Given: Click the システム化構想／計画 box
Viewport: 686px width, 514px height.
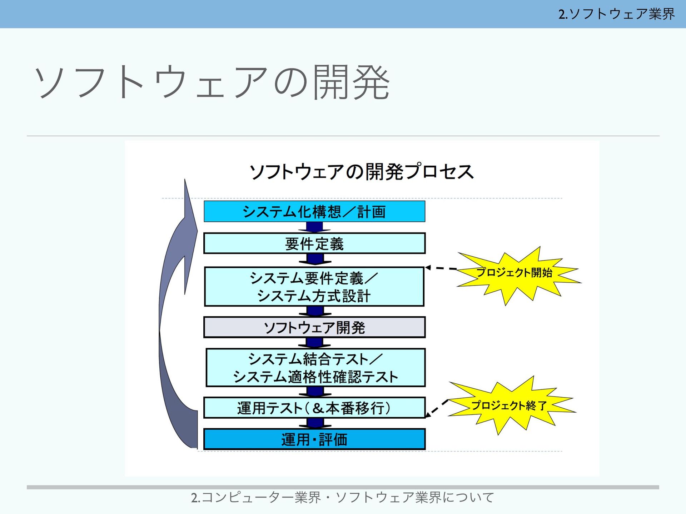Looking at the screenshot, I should (x=314, y=211).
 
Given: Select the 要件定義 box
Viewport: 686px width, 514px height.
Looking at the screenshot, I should (x=314, y=243).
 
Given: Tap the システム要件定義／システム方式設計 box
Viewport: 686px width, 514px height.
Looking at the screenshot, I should (x=314, y=287).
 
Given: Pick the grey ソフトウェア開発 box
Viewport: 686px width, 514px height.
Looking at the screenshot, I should (x=314, y=327).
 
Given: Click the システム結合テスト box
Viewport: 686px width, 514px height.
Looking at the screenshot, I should (x=315, y=368).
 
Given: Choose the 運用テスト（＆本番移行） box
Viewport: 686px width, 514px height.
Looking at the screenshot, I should (x=314, y=408).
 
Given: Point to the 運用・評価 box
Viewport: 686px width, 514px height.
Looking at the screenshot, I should (x=314, y=439).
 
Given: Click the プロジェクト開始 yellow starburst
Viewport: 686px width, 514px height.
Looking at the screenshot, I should (x=514, y=273).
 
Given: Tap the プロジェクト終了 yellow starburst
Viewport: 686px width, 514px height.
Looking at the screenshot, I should (x=509, y=405).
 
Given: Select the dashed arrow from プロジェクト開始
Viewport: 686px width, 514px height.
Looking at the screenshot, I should (x=441, y=268).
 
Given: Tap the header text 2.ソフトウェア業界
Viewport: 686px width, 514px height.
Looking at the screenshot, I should (x=616, y=14).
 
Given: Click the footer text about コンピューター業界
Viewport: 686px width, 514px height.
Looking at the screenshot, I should (x=343, y=497).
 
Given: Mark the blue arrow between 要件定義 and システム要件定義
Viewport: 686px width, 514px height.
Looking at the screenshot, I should (x=314, y=259).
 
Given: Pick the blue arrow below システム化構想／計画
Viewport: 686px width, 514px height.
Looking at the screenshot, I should (x=314, y=227).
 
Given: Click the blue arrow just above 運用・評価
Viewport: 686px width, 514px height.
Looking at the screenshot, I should (x=315, y=423).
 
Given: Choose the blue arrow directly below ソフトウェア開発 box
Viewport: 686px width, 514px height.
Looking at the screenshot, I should (x=315, y=343).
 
